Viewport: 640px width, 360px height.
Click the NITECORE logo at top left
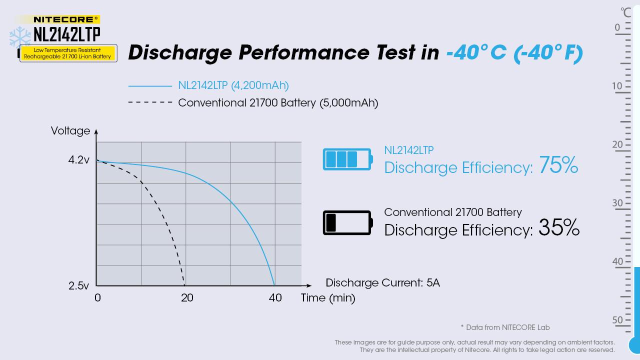[66, 19]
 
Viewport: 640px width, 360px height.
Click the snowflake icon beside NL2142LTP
[20, 36]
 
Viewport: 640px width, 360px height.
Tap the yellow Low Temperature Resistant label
[67, 53]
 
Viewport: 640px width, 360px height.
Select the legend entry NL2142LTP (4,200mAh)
[233, 85]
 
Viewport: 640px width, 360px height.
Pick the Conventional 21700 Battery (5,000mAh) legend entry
[277, 103]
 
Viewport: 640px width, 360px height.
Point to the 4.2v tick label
[79, 160]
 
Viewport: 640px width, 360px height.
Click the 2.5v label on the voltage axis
[79, 286]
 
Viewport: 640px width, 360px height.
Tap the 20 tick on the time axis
[187, 298]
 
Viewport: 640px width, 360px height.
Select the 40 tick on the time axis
[275, 298]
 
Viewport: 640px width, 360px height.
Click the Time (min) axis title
[328, 298]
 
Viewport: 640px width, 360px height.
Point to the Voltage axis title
[70, 131]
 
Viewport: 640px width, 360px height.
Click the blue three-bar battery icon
[347, 159]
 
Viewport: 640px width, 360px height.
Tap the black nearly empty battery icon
[347, 222]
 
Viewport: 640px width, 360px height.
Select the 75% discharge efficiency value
[558, 165]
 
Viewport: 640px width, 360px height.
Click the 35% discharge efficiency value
[558, 228]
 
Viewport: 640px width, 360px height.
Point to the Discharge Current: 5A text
[382, 283]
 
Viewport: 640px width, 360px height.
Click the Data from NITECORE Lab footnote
[505, 327]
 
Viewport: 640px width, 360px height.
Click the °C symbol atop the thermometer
[626, 12]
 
